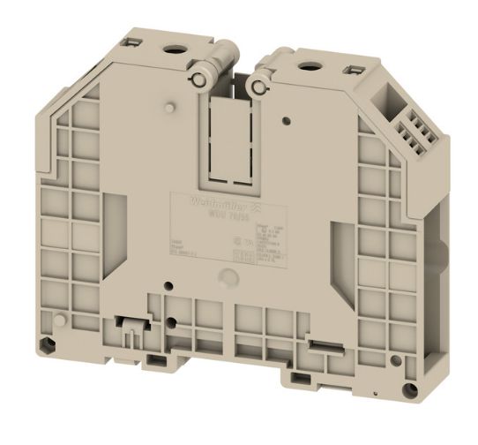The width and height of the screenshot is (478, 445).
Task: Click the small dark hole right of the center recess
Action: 287,117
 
